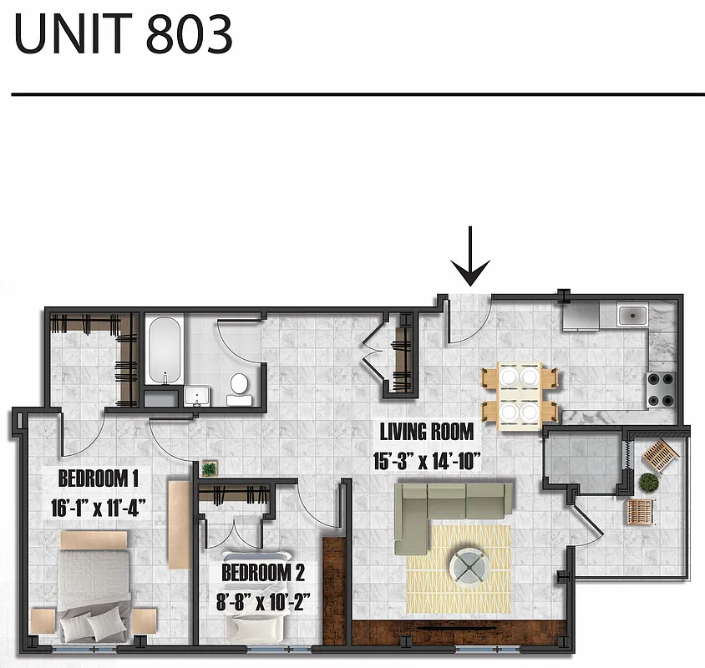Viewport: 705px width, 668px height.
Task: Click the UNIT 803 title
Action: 123,35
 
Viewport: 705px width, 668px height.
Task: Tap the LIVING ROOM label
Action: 426,433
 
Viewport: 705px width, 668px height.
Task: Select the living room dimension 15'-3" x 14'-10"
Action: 427,460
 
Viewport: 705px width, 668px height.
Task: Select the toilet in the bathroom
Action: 239,386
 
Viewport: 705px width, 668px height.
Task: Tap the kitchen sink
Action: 629,316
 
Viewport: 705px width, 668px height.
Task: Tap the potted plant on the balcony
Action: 648,482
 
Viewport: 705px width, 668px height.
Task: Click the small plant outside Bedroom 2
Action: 209,468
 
